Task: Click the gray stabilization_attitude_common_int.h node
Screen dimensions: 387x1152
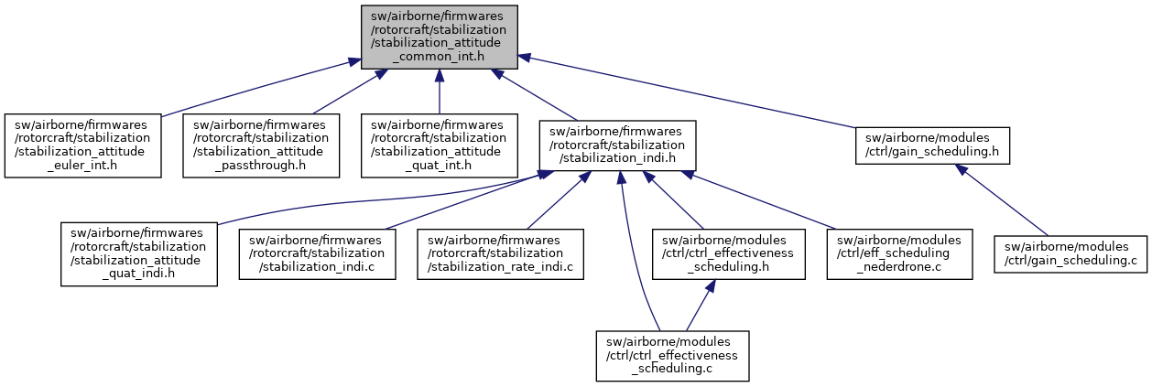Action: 439,37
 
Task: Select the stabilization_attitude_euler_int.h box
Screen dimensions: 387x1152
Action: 82,145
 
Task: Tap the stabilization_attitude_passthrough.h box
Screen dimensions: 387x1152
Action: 261,145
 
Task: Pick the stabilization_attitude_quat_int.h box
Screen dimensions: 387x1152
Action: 439,145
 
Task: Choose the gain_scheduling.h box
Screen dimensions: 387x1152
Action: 932,145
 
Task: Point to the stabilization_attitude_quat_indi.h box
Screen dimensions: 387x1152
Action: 139,253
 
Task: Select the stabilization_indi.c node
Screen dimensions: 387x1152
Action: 318,253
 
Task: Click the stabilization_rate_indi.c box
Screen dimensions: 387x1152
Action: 501,253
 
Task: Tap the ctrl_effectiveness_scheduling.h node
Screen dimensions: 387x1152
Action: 729,253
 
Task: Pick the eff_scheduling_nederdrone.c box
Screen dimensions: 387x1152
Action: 895,253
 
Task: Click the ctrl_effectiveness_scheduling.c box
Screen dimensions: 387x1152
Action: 673,356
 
